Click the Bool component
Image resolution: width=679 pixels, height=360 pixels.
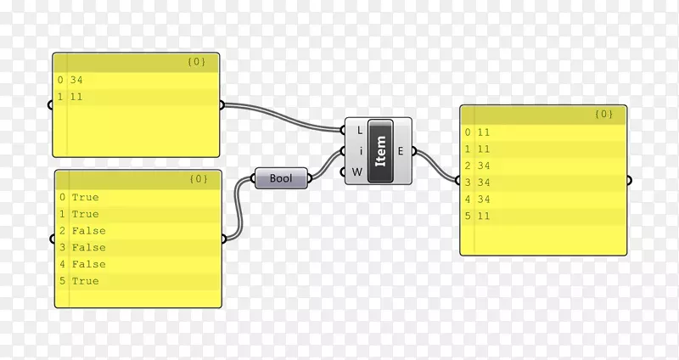point(281,178)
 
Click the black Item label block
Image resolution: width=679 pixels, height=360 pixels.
point(380,151)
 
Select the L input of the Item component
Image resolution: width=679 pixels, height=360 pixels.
point(359,131)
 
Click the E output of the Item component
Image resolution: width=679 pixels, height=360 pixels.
point(401,152)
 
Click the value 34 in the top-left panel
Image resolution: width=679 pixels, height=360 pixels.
point(76,81)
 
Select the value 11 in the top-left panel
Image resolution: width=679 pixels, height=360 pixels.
point(76,98)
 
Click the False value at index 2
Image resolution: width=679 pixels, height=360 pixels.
point(88,231)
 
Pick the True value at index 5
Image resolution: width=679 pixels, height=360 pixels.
point(85,281)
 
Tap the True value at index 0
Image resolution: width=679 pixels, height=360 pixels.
point(85,198)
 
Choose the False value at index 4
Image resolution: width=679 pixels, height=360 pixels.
point(88,264)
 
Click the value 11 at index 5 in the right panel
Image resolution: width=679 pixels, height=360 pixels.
point(484,216)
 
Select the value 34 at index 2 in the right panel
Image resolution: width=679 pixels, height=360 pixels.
point(484,166)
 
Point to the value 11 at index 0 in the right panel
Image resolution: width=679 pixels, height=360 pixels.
point(484,132)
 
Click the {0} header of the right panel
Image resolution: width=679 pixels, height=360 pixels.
point(603,114)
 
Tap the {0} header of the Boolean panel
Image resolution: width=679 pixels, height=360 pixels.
point(198,179)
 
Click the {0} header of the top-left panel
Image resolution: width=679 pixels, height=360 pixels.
point(196,62)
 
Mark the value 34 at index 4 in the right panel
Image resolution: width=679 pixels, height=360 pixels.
point(484,199)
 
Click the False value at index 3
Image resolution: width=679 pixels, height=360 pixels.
point(88,248)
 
